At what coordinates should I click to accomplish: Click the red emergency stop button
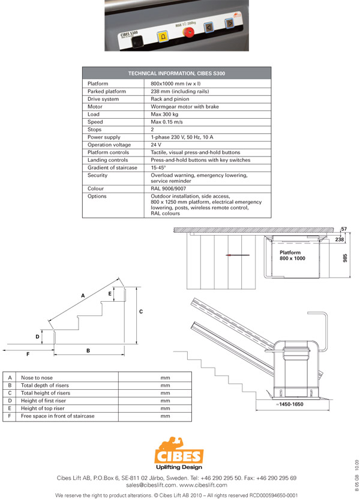click(x=188, y=32)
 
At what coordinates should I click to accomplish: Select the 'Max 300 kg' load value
click(x=164, y=114)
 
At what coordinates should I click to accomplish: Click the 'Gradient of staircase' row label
click(x=112, y=168)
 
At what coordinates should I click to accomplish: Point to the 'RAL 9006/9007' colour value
click(x=168, y=189)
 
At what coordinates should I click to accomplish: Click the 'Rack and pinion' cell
click(x=170, y=99)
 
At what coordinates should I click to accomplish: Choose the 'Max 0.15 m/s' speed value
click(x=166, y=122)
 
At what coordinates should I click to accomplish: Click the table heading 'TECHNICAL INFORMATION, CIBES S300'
click(x=176, y=74)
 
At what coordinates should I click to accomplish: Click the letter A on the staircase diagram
click(x=83, y=296)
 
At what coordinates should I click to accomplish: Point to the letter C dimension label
click(x=141, y=311)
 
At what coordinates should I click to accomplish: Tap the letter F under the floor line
click(x=28, y=354)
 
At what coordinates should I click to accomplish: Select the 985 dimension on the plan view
click(x=345, y=258)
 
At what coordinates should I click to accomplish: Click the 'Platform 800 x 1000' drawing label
click(x=292, y=255)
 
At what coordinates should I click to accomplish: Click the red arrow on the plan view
click(x=238, y=255)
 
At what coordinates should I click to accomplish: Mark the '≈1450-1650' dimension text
click(x=289, y=404)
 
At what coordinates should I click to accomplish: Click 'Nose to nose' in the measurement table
click(x=37, y=378)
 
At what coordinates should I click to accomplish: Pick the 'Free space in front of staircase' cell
click(x=58, y=416)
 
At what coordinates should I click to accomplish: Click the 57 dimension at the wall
click(x=344, y=229)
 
